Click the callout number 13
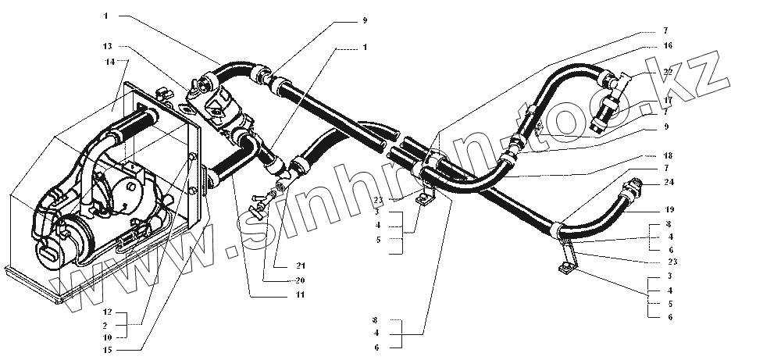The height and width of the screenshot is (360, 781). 108,46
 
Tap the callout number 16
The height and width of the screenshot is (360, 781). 668,46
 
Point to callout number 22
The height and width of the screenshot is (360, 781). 668,71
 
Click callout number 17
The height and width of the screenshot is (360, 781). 668,100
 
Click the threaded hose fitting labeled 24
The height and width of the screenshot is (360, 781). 631,190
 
